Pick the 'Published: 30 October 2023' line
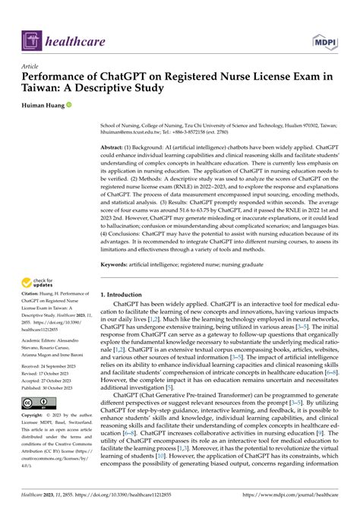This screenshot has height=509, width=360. [55, 388]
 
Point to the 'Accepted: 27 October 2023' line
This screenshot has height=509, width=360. [55, 381]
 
